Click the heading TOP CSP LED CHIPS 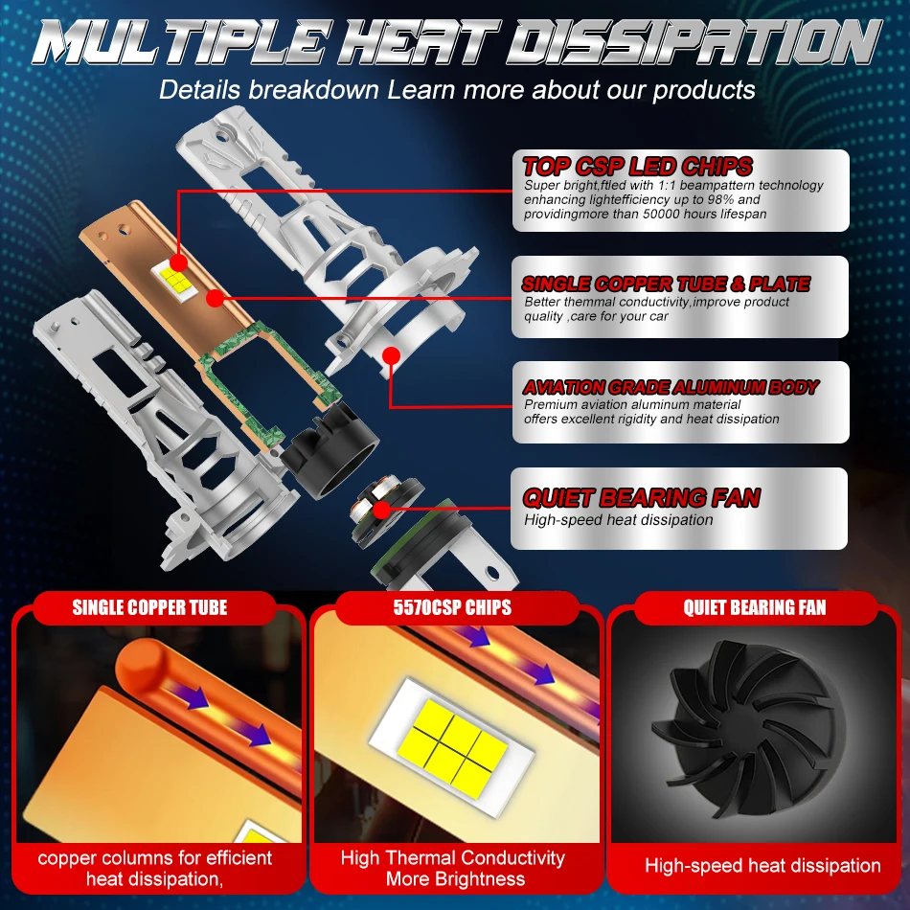(637, 167)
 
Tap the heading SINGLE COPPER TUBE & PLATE (666, 284)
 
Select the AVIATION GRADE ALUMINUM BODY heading (671, 387)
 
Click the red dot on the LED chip (179, 262)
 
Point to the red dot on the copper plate (215, 298)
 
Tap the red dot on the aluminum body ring (392, 355)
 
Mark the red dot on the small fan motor (381, 511)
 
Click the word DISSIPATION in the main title (694, 42)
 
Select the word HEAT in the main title (419, 42)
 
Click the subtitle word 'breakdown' (313, 90)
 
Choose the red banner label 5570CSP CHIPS (452, 607)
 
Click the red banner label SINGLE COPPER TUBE (149, 607)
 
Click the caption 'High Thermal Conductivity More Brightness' (453, 868)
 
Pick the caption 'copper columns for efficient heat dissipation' (155, 868)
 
